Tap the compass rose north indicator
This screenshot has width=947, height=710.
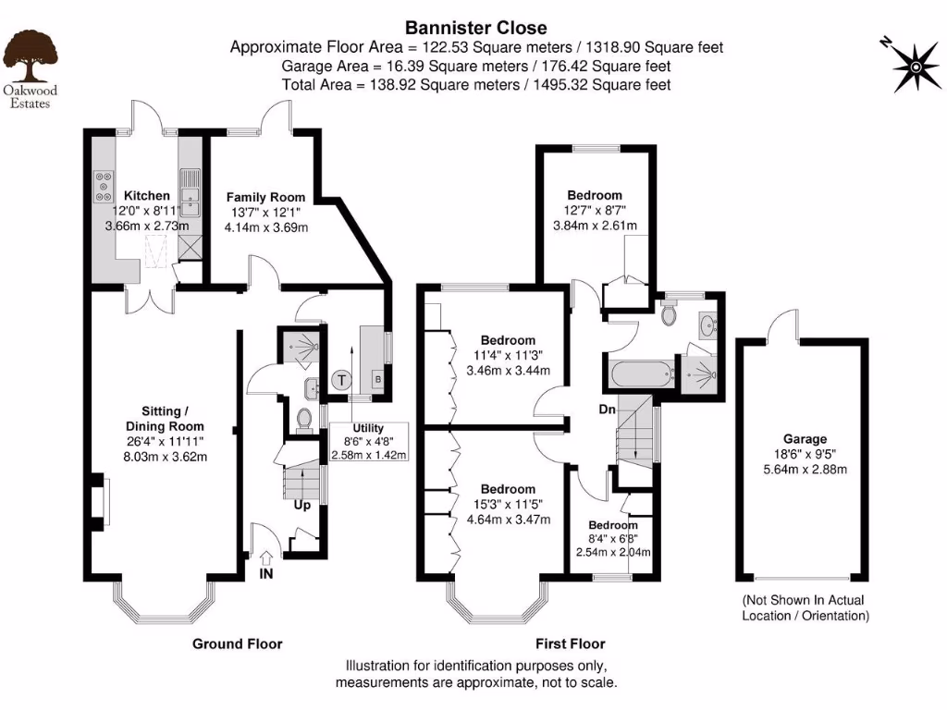click(913, 65)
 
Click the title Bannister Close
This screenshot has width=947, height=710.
click(475, 29)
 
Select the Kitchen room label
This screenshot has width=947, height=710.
click(147, 195)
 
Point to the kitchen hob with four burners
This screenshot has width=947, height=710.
click(104, 188)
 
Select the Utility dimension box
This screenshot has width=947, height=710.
click(369, 443)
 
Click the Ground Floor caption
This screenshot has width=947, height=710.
click(237, 643)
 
